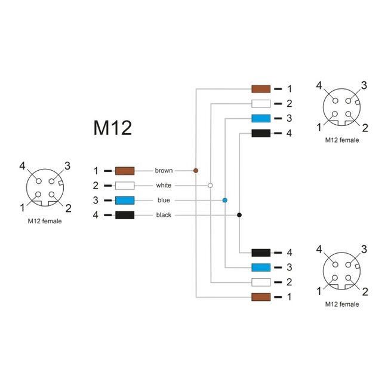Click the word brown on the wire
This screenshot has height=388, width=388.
pyautogui.click(x=164, y=171)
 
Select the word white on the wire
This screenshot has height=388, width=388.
pyautogui.click(x=164, y=186)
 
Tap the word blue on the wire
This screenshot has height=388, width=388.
pyautogui.click(x=164, y=201)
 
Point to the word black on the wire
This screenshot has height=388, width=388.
pyautogui.click(x=164, y=215)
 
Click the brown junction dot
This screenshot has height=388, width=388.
pyautogui.click(x=196, y=171)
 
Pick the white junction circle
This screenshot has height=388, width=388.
pyautogui.click(x=210, y=186)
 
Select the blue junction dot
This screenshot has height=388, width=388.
pyautogui.click(x=225, y=201)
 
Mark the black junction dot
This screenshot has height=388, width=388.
pyautogui.click(x=239, y=215)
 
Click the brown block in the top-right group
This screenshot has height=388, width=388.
pyautogui.click(x=261, y=89)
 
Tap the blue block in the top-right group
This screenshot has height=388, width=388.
pyautogui.click(x=261, y=118)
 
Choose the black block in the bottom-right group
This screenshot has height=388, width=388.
pyautogui.click(x=261, y=252)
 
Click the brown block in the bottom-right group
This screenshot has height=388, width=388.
pyautogui.click(x=261, y=297)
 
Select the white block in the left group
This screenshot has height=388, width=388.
pyautogui.click(x=124, y=186)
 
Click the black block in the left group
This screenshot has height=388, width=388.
pyautogui.click(x=124, y=215)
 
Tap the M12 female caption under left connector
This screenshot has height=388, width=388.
pyautogui.click(x=45, y=221)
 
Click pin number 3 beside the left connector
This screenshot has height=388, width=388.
pyautogui.click(x=67, y=165)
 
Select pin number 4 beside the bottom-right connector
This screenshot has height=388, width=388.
pyautogui.click(x=319, y=249)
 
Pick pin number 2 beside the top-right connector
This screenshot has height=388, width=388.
pyautogui.click(x=365, y=127)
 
